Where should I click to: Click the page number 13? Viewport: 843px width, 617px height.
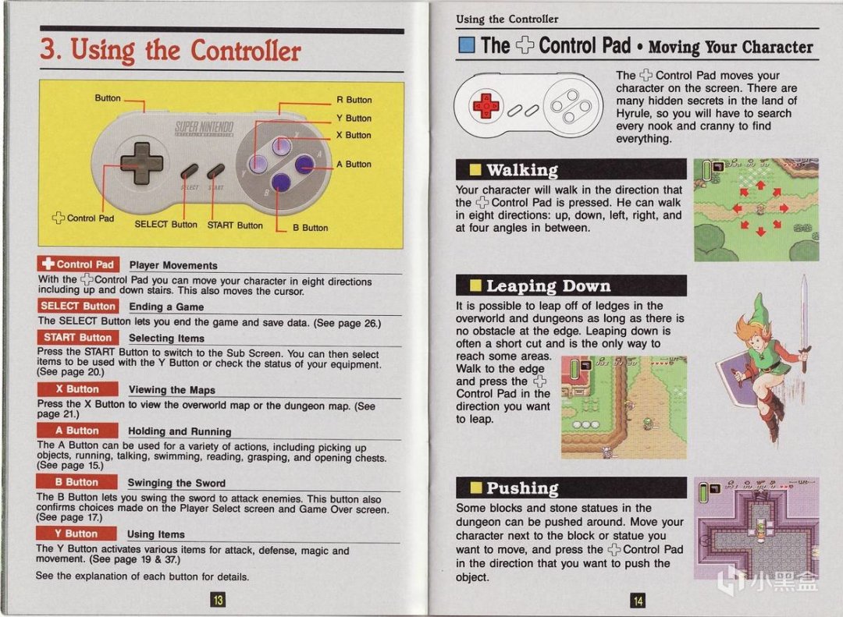218,599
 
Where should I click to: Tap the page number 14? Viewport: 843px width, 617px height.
638,601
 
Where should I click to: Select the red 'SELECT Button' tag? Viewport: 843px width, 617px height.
79,306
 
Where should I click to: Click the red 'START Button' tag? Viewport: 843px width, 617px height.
78,338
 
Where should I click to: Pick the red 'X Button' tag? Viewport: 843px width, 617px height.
77,388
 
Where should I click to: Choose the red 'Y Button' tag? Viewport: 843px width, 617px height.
76,534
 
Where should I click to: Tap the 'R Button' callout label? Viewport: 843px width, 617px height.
354,100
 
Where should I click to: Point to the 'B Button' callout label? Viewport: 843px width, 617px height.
310,228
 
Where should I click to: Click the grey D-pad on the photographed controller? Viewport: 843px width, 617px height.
141,163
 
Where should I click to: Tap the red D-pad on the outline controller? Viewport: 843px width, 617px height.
486,105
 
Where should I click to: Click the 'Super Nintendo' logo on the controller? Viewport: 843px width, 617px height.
204,129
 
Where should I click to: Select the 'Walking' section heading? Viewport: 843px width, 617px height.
522,170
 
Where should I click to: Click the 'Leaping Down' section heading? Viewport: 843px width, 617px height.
549,286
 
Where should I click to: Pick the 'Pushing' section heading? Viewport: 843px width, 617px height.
522,488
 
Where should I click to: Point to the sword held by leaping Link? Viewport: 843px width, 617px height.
804,323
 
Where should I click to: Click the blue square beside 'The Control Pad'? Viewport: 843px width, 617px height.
466,45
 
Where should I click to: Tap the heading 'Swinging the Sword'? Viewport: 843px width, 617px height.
176,483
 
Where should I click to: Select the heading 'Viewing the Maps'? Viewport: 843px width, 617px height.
172,390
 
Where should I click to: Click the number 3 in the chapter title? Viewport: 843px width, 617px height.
48,49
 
